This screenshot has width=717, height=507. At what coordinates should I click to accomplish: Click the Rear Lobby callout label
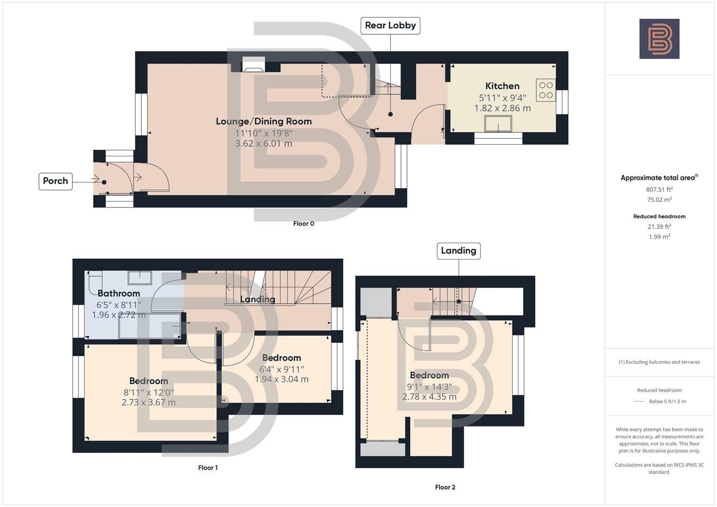point(390,25)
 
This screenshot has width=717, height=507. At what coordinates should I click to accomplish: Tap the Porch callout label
point(55,181)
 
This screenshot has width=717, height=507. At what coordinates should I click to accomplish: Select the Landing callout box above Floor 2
point(458,251)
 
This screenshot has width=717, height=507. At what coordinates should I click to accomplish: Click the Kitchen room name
point(502,86)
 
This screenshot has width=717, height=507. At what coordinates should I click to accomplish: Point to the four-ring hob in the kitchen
point(546,90)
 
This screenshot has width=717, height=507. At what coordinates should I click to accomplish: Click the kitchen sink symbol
point(498,124)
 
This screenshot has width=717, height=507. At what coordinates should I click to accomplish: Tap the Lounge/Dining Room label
point(263,121)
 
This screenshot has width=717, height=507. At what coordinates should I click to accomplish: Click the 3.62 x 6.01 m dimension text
point(263,143)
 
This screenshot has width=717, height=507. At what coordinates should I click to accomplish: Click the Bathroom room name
point(119,293)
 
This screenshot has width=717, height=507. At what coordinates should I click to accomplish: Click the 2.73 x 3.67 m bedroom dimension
point(148,402)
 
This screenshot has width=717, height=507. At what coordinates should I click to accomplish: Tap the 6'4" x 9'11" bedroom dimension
point(281,369)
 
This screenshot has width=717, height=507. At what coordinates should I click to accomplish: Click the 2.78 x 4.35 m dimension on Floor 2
point(429,397)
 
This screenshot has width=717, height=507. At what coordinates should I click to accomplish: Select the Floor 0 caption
point(303,223)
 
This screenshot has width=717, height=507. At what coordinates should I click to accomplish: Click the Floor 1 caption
point(208,468)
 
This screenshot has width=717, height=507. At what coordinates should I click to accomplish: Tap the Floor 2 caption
point(445,487)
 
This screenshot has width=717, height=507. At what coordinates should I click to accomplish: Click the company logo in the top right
point(659,39)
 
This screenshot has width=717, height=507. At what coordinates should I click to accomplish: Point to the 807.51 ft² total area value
point(659,190)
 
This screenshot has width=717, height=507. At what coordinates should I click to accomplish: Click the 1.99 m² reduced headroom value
point(659,237)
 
